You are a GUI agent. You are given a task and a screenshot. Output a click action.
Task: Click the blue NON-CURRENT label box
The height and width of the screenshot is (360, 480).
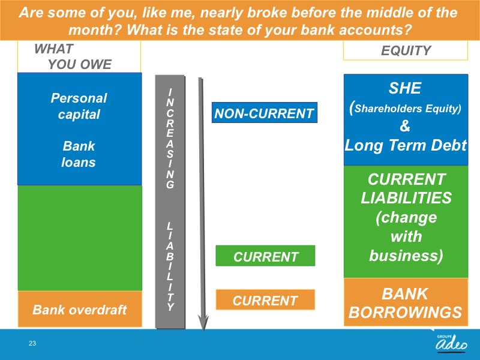265,113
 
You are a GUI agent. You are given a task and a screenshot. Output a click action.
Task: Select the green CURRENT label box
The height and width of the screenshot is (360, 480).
265,256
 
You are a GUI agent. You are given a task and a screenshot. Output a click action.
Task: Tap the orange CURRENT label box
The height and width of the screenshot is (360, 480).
265,299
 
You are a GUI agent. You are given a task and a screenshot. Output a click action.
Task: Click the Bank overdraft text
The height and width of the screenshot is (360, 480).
80,310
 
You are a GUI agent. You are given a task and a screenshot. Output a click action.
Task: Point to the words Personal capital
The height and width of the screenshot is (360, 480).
79,106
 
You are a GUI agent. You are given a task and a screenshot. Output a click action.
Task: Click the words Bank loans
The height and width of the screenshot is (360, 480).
79,154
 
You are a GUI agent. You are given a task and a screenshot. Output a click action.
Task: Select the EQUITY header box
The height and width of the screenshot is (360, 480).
406,50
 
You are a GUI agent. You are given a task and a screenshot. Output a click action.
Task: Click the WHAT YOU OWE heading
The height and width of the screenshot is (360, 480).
73,56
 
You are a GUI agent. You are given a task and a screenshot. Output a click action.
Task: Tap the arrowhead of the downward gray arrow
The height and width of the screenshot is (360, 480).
203,323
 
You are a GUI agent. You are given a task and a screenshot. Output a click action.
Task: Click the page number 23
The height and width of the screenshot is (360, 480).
32,343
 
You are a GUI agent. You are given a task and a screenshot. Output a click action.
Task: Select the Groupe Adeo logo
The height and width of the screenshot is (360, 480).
452,343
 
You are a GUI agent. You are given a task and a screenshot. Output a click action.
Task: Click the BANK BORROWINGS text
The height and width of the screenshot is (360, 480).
406,303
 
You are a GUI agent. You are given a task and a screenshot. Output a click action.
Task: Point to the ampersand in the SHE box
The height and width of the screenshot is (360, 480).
404,125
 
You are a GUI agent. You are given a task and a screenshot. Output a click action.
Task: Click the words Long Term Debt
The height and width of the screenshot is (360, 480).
406,145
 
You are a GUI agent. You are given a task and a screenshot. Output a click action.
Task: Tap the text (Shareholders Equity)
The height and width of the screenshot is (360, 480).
406,108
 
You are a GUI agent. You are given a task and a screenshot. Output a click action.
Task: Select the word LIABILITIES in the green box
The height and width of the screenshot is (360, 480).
406,198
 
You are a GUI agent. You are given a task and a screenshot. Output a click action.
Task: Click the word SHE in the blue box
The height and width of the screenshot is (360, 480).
404,88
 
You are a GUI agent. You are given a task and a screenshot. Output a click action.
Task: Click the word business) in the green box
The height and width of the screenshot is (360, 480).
406,256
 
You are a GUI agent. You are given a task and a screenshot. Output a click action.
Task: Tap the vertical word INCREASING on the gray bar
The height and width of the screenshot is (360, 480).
170,139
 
